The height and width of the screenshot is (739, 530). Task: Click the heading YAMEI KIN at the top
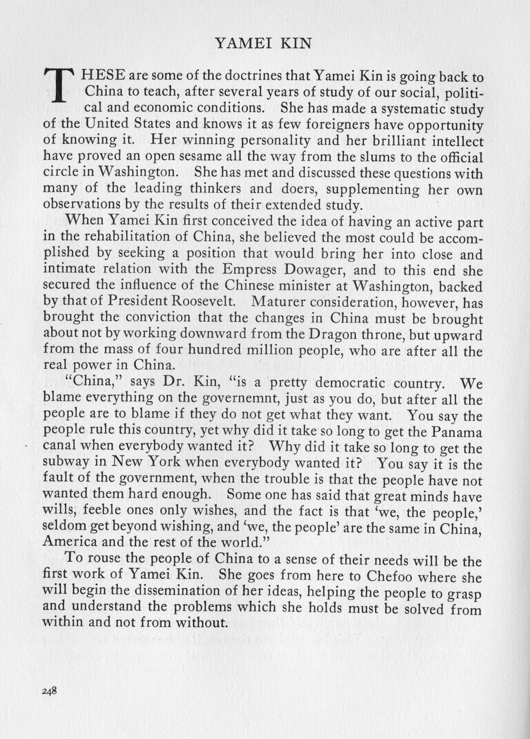263,43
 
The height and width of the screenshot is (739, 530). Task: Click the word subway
64,463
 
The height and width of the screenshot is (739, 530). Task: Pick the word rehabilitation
121,237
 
